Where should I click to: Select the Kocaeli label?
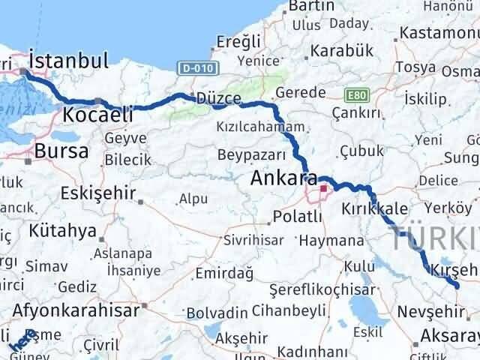pos(98,114)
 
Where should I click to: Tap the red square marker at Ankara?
pos(325,190)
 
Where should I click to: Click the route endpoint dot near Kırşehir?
pos(457,286)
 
